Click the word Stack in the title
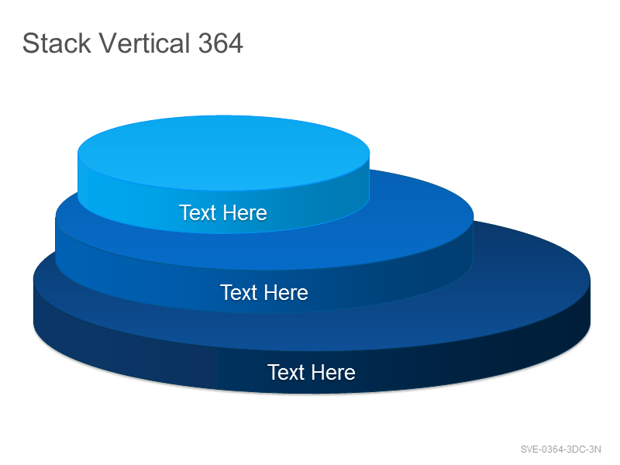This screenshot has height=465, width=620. [x=57, y=43]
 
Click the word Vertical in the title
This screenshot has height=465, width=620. [x=144, y=43]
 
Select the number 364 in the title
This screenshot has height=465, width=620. [x=221, y=43]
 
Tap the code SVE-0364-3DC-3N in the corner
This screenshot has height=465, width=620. [x=560, y=449]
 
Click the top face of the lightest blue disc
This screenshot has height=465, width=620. [x=223, y=152]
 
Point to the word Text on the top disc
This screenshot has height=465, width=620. [x=198, y=212]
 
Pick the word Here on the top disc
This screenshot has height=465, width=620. [x=245, y=212]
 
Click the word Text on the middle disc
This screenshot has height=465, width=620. [x=239, y=293]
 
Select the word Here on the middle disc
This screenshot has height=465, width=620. [x=286, y=293]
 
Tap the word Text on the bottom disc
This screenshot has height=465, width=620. [x=286, y=373]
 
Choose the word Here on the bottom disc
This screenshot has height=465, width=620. [x=333, y=373]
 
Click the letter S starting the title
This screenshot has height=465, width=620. [x=30, y=43]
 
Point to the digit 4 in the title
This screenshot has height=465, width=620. [x=236, y=43]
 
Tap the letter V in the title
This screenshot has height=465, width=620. [x=108, y=43]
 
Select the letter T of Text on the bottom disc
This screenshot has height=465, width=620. [x=274, y=372]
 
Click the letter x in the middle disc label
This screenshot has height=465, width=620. [x=246, y=294]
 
